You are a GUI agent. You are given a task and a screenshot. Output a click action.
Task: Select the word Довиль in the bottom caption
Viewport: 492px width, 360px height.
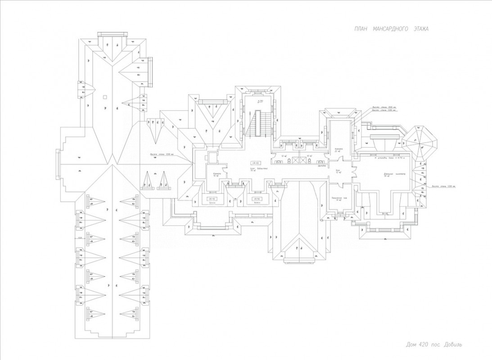click(451, 345)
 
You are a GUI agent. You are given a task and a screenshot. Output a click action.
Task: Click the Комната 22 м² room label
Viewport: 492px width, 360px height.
click(339, 150)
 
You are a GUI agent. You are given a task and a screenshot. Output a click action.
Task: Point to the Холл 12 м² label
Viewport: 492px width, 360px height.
click(338, 171)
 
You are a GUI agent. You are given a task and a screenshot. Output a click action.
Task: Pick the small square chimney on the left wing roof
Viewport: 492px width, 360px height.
click(104, 96)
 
